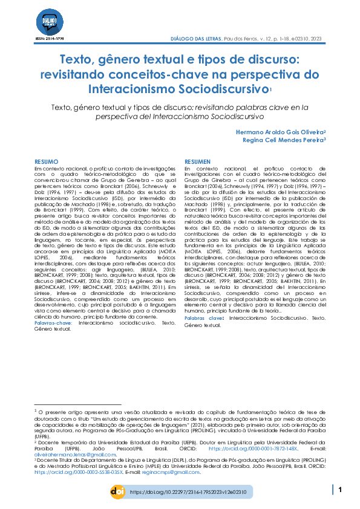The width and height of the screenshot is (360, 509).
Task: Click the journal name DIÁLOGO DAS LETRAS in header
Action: coord(197,38)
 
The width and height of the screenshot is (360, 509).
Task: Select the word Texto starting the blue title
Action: coord(79,60)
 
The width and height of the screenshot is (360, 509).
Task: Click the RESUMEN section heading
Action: coord(197,162)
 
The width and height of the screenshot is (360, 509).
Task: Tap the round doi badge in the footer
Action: coord(118,492)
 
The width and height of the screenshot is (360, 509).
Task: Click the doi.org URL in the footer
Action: coord(188,493)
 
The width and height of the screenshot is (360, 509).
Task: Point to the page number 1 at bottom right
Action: coord(341,490)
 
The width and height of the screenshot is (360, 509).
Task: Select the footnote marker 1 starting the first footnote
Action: coord(36,411)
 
